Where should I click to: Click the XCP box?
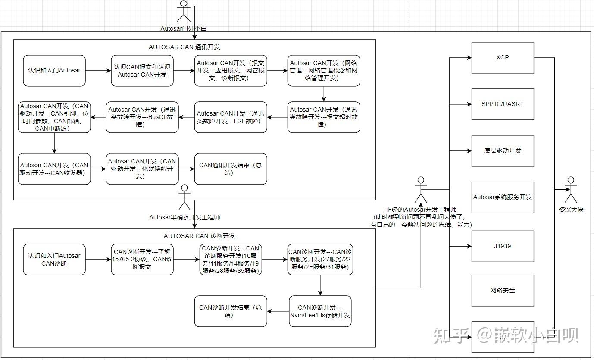click(x=503, y=57)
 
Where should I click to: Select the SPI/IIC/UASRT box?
click(x=503, y=104)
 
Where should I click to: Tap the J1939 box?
click(x=503, y=246)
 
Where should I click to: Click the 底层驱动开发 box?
click(x=503, y=150)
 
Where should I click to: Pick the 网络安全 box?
click(x=503, y=290)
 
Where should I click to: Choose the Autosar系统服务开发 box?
click(x=503, y=197)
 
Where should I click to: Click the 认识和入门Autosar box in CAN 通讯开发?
click(x=54, y=70)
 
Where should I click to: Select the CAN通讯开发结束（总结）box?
click(x=230, y=169)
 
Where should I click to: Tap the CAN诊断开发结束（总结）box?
click(x=230, y=311)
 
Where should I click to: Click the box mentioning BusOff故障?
click(x=142, y=117)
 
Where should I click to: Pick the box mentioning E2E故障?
click(x=230, y=117)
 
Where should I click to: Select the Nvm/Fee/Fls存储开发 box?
click(x=320, y=311)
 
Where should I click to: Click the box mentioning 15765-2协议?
click(x=142, y=259)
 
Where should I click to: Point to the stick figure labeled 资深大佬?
click(x=571, y=190)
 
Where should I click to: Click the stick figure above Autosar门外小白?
click(x=184, y=12)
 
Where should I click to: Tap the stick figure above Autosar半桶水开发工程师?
click(x=184, y=197)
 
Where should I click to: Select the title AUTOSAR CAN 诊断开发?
click(x=199, y=236)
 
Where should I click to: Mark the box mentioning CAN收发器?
click(x=54, y=169)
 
